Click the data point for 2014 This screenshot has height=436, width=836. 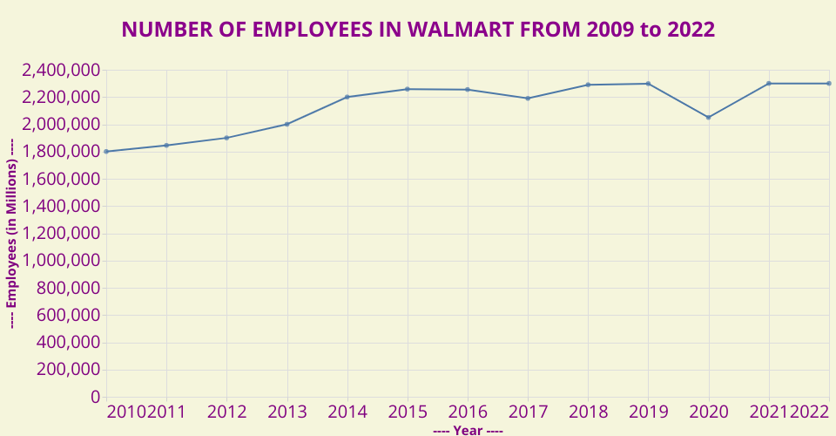pos(347,97)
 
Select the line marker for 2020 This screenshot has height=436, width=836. pos(709,117)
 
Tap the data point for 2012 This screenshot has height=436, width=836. pos(226,138)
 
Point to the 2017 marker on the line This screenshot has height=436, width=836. pos(528,98)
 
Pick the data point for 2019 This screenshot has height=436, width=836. pos(648,84)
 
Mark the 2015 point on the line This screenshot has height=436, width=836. pos(408,89)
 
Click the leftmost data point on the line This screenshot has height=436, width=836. pos(106,152)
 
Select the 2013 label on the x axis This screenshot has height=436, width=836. pos(287,412)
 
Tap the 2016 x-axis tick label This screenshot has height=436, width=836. pos(468,412)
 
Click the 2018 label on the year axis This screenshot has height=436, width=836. pos(588,412)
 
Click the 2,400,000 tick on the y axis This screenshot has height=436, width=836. pos(61,70)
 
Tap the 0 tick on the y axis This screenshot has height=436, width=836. pos(95,397)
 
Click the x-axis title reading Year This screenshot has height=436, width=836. pos(468,430)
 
